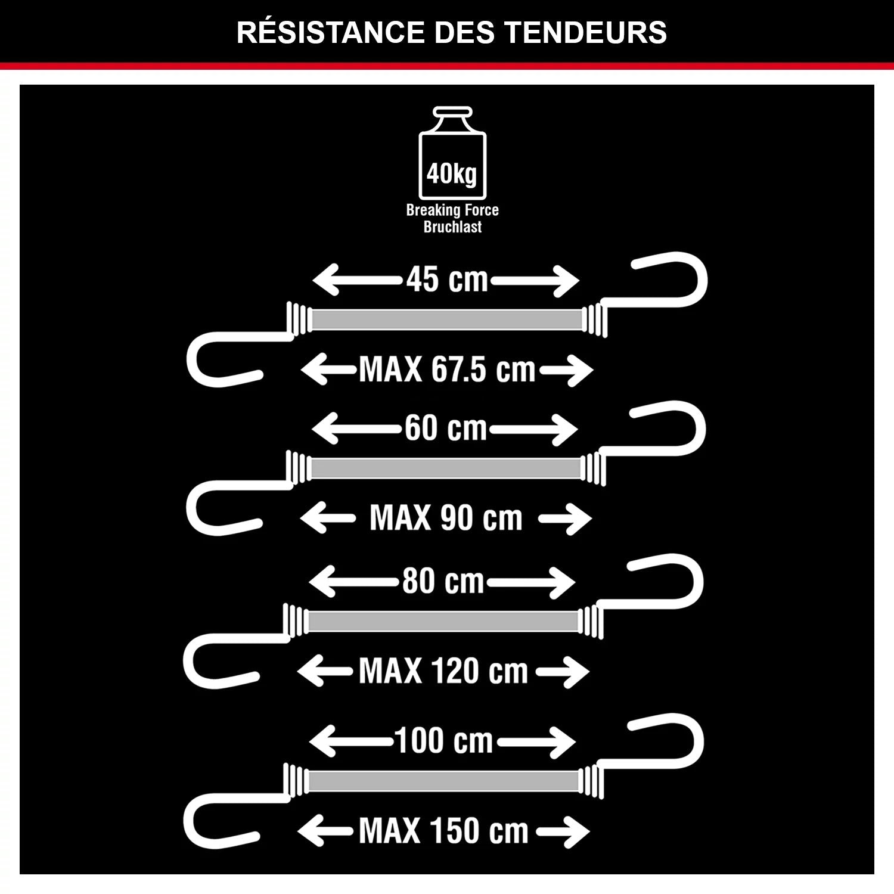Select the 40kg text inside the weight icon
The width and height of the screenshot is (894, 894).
pos(452,174)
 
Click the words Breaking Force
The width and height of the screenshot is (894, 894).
pos(452,210)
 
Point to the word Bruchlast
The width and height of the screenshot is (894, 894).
pos(452,226)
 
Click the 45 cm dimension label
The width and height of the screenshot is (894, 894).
pos(447,279)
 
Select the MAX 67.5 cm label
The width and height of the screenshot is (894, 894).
pos(447,370)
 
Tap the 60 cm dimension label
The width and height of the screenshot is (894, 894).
pos(446,428)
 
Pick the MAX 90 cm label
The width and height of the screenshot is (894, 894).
pos(446,517)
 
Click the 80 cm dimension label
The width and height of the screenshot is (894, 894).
pos(443,581)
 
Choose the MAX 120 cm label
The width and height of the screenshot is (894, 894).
pos(443,671)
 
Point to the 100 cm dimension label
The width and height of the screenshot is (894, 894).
pos(444,741)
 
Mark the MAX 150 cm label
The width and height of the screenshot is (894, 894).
pos(444,830)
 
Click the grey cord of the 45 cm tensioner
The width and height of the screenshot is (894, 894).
pos(446,319)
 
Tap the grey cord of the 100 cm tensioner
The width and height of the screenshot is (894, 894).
pos(443,781)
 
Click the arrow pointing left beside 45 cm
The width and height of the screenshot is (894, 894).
pos(358,280)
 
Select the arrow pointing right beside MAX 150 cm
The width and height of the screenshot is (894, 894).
pos(563,831)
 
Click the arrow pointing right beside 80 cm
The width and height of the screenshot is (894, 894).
pos(531,582)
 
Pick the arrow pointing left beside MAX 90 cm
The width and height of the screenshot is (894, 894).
pos(327,519)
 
